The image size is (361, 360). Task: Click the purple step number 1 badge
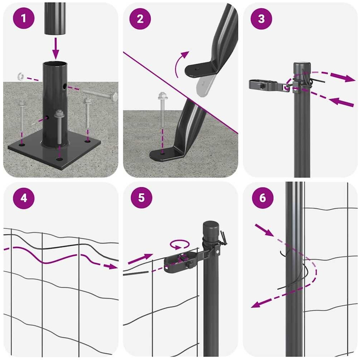(x=24, y=18)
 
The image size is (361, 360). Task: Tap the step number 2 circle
(x=140, y=19)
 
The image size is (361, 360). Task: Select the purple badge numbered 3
(x=261, y=19)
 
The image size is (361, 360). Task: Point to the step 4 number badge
(x=24, y=198)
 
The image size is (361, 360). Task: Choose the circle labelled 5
(x=141, y=198)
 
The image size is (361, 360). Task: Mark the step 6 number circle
(x=263, y=198)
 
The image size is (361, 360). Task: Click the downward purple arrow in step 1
(x=56, y=48)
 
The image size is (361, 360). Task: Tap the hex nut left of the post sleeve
(x=21, y=76)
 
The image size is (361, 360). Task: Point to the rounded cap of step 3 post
(x=302, y=67)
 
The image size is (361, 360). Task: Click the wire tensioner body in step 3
(x=268, y=85)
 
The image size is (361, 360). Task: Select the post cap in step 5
(x=211, y=227)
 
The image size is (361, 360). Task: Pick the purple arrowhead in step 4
(x=111, y=266)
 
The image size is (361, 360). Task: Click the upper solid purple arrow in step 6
(x=264, y=230)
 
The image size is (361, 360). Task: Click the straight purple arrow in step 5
(x=140, y=259)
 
